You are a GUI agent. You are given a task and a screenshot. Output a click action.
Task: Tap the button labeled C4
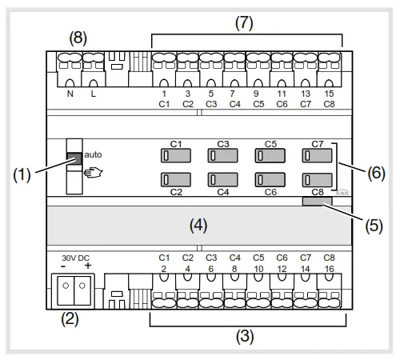click(x=223, y=180)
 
